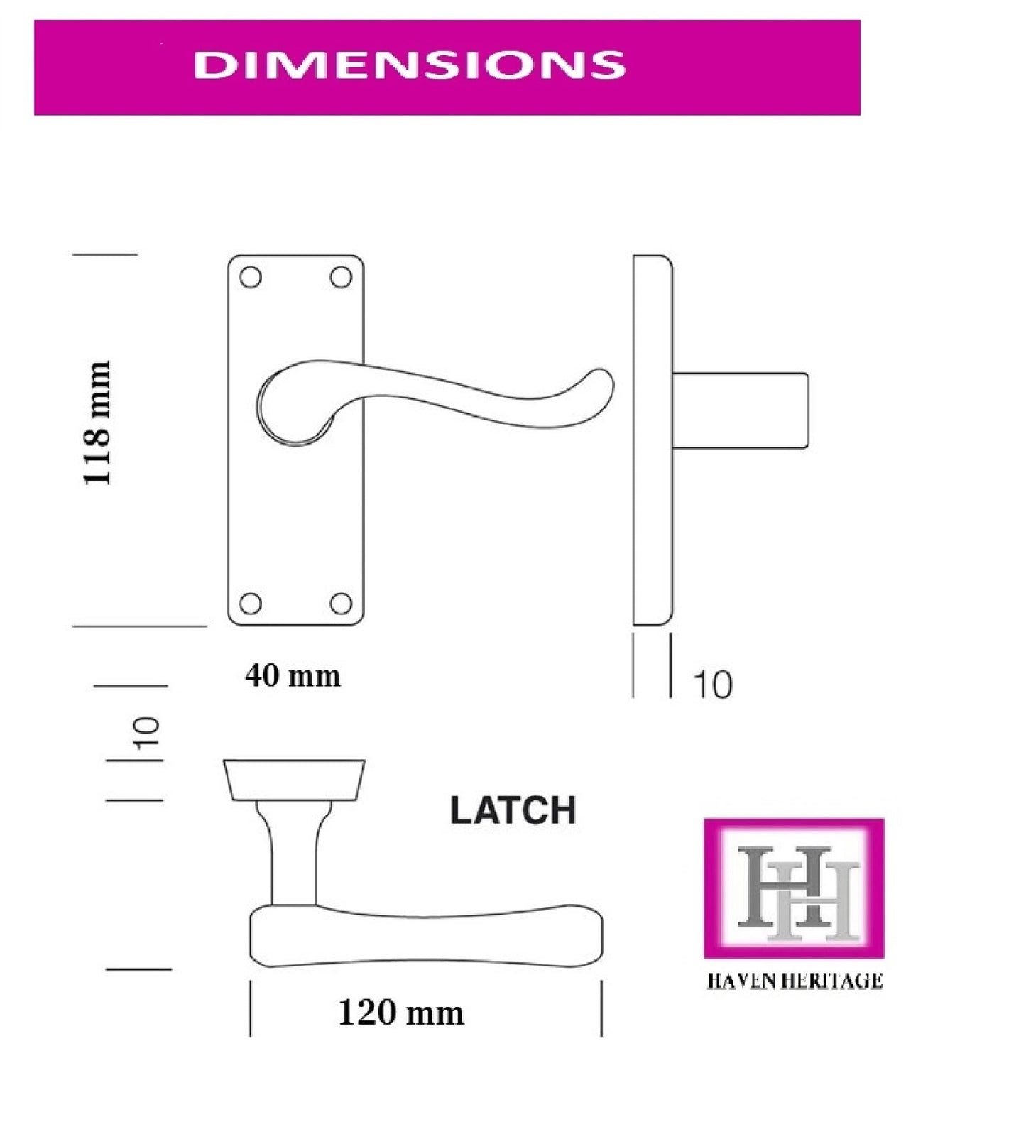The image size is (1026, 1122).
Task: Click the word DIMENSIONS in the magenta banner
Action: [409, 65]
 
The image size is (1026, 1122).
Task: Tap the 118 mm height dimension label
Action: [97, 423]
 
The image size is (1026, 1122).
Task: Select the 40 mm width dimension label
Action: [293, 675]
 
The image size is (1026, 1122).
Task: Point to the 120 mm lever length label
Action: [401, 1012]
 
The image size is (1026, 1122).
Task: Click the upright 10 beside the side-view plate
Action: [712, 685]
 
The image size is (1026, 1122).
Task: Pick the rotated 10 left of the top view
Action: [148, 733]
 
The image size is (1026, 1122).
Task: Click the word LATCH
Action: [513, 810]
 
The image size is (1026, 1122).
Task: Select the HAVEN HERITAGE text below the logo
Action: [794, 981]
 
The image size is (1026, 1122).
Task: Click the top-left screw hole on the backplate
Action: [251, 278]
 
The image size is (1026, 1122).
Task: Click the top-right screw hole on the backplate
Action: [342, 278]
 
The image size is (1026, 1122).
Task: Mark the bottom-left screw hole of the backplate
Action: [251, 603]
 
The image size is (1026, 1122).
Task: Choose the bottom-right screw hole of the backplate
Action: [342, 603]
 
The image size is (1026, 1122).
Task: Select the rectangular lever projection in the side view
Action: [740, 410]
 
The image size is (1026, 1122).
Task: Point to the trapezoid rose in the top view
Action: [294, 780]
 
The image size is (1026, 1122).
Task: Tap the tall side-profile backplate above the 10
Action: [652, 440]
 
